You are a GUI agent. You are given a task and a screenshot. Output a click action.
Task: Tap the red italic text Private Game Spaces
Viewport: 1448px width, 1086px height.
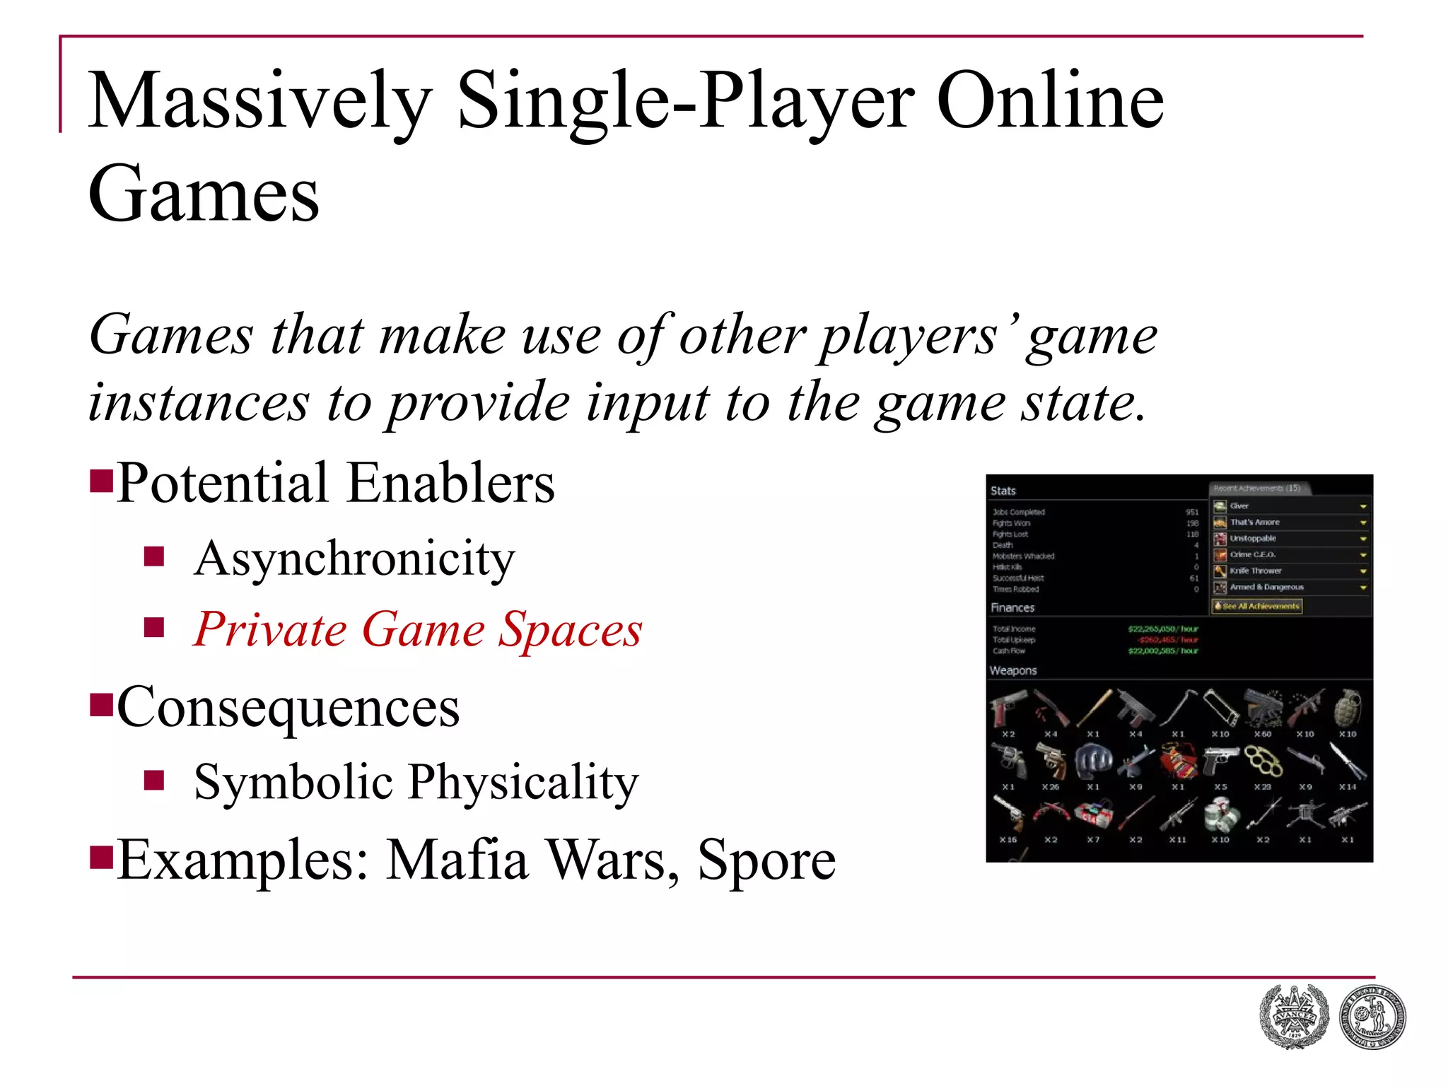(418, 629)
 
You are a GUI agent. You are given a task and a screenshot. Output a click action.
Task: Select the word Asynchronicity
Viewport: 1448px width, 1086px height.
(354, 559)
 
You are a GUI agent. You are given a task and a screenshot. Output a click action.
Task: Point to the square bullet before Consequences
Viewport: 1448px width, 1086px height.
(102, 706)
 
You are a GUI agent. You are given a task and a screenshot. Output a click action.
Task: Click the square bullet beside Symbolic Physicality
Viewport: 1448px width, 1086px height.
(154, 781)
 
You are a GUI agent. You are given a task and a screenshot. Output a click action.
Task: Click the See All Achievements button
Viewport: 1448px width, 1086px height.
(1257, 606)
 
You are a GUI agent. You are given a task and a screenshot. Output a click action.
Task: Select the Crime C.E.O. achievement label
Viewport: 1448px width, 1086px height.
(1253, 554)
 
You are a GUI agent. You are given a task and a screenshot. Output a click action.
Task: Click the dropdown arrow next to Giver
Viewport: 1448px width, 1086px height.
(1362, 506)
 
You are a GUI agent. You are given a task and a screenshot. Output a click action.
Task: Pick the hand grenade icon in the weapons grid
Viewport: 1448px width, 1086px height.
(1348, 707)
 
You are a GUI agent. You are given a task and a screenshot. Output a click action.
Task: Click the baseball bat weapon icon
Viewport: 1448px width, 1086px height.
(1094, 707)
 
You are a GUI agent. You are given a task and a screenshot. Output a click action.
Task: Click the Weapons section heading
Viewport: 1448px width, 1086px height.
(1013, 670)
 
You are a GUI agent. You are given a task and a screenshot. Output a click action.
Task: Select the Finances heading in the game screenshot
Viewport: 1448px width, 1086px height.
(1012, 607)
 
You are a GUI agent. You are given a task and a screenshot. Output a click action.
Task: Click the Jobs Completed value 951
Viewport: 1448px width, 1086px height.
(1192, 512)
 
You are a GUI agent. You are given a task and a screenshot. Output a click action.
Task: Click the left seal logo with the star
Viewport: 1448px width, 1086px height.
(1294, 1017)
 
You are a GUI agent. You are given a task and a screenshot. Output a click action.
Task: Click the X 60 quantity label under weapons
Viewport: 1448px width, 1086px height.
(1263, 734)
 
